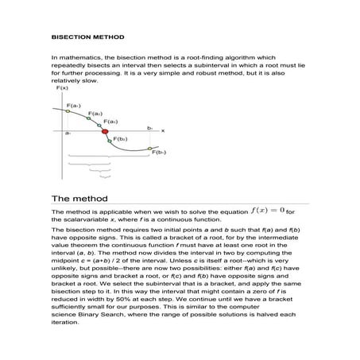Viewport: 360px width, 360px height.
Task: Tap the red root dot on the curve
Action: coord(105,130)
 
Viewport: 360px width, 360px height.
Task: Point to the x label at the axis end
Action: coord(163,130)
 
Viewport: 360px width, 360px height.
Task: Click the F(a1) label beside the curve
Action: coord(73,105)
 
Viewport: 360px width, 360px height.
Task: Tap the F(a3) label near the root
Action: coord(111,122)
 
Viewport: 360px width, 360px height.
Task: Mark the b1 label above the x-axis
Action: coord(149,126)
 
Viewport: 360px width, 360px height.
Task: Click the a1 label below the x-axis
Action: coord(68,134)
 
